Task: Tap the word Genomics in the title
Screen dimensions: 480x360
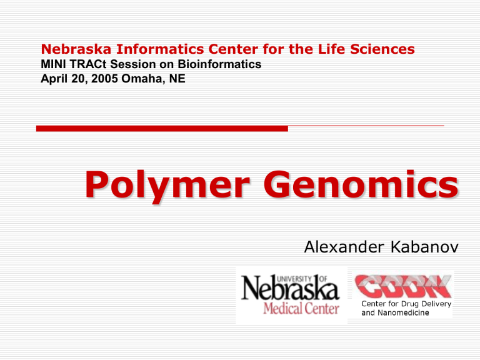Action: point(361,184)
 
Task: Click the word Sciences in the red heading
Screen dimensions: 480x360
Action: point(382,49)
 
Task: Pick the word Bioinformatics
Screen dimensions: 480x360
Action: point(219,64)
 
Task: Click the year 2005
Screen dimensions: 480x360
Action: point(104,78)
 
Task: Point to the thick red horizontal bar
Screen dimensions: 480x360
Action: point(162,129)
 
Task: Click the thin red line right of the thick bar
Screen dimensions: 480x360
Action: point(366,126)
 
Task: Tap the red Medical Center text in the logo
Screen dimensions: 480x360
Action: point(301,308)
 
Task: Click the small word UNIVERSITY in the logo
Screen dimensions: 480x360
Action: point(294,279)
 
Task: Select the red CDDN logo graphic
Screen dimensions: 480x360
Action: point(402,286)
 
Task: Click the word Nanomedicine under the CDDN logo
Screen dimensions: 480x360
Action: point(403,312)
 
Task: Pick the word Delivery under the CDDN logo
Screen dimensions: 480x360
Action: point(436,304)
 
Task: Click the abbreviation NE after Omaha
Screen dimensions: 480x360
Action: point(177,78)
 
